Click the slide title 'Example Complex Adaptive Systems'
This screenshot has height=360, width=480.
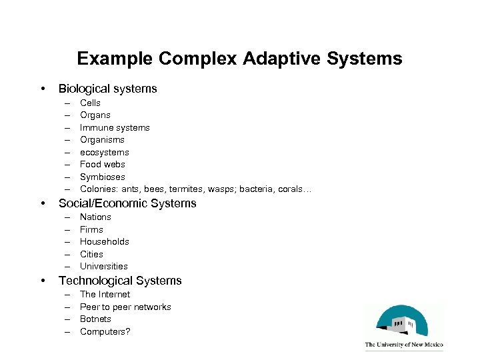(239, 59)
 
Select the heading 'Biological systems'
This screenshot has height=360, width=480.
(108, 89)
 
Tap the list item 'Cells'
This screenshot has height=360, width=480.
(90, 103)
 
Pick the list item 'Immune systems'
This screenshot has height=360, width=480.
(115, 127)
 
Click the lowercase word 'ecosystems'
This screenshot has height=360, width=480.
(105, 152)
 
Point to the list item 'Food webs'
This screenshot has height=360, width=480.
(102, 164)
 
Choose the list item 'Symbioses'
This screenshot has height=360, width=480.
(103, 177)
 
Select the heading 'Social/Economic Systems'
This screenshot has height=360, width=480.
(127, 203)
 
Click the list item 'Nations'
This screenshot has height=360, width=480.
(95, 217)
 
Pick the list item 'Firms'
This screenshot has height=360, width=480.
(91, 229)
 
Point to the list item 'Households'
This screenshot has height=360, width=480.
(105, 241)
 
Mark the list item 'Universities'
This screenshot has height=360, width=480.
(103, 266)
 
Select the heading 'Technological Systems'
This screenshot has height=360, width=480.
(120, 281)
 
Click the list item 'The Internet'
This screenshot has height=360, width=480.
(105, 294)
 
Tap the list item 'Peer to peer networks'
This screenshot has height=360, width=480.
(125, 307)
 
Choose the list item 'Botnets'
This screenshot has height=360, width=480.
(95, 319)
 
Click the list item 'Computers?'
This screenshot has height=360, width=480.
(105, 331)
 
